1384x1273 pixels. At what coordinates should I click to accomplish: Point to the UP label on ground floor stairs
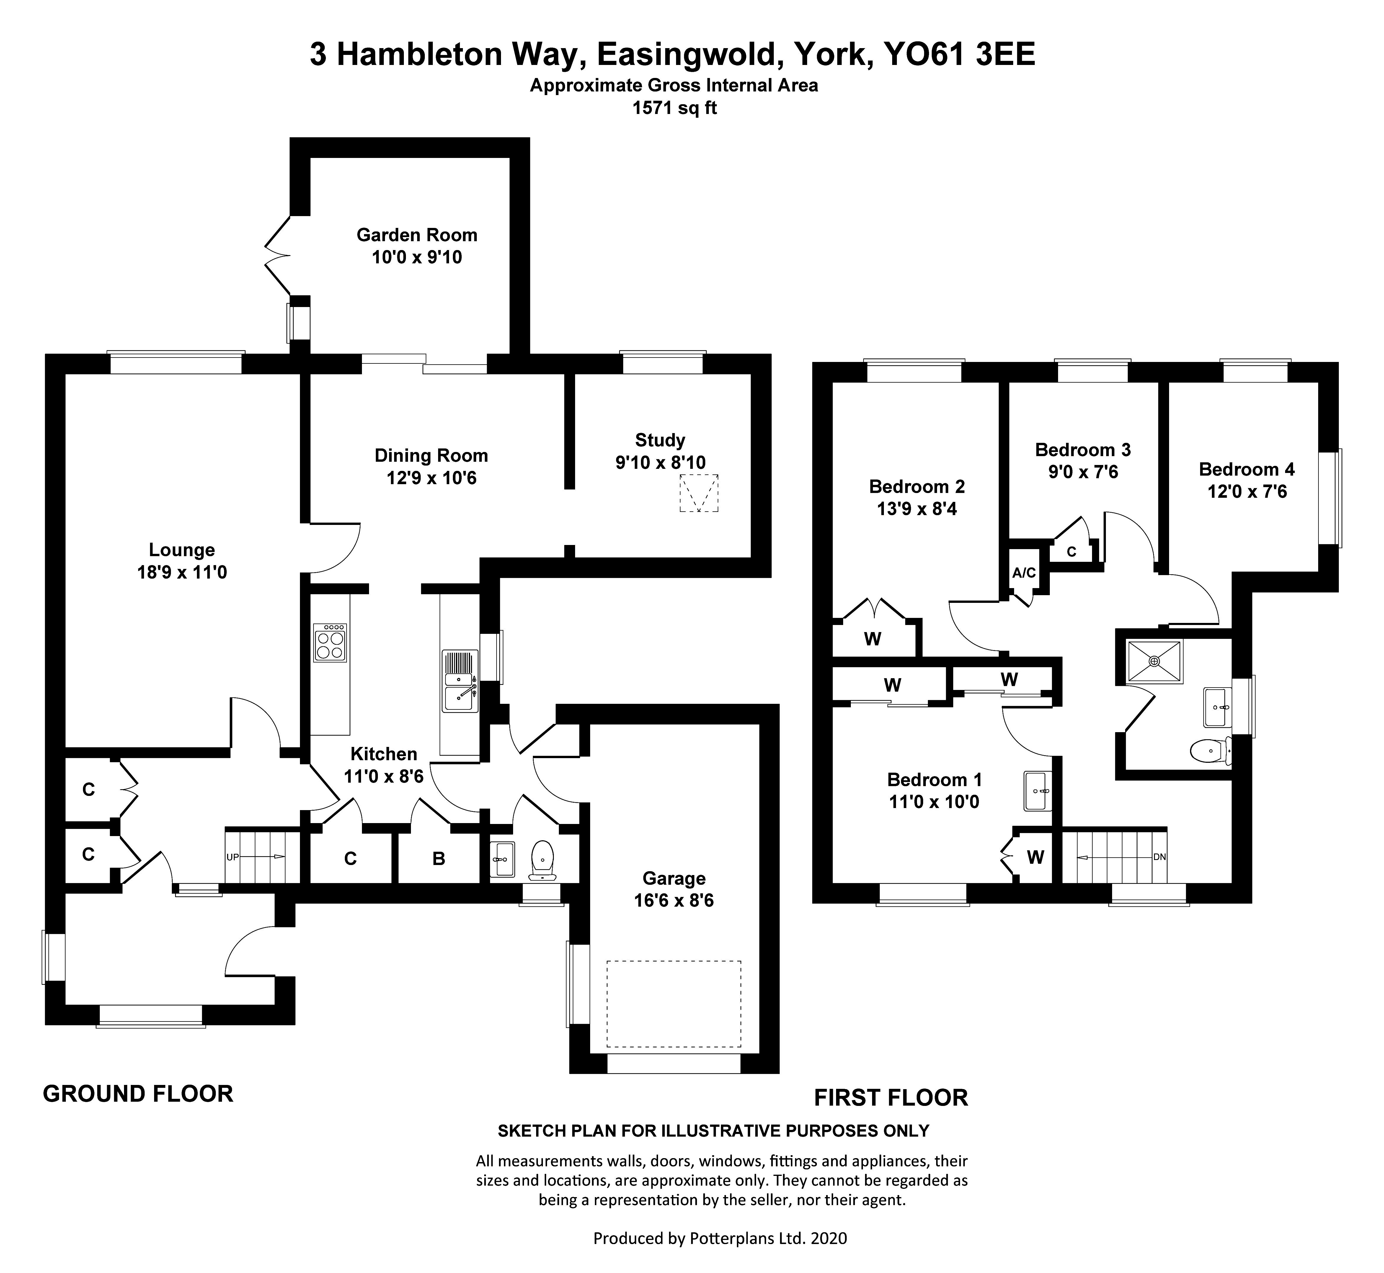click(x=232, y=857)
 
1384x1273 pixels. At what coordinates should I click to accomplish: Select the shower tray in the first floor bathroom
click(x=1154, y=661)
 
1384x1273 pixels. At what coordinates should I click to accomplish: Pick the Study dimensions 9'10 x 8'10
click(x=660, y=462)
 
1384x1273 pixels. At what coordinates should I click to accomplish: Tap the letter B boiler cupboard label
click(x=439, y=858)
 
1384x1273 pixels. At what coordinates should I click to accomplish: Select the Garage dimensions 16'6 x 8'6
click(x=674, y=900)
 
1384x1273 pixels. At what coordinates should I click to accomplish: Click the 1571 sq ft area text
click(x=674, y=108)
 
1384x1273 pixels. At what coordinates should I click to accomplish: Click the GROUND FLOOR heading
click(x=138, y=1093)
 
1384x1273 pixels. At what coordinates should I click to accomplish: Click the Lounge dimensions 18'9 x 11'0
click(x=182, y=572)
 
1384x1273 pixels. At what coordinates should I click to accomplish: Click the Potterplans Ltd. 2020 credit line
click(x=720, y=1238)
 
